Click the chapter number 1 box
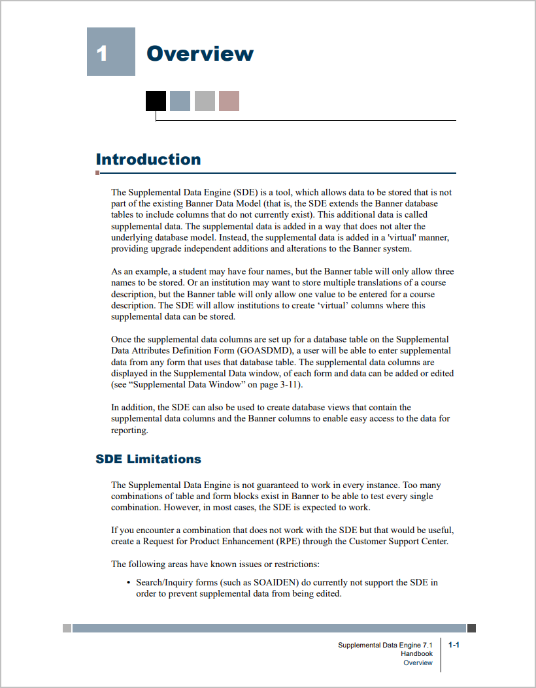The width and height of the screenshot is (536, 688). coord(111,52)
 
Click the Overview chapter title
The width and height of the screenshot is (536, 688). coord(200,53)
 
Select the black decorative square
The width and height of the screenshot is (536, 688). coord(156,101)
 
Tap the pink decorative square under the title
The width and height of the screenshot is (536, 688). coord(229,101)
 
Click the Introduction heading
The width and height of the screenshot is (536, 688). coord(148,159)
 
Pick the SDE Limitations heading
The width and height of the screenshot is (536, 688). coord(148,459)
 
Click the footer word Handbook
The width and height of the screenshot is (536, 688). coord(416,653)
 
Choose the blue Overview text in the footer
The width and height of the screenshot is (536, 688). coord(418,663)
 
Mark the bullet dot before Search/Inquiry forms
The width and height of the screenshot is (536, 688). coord(127,582)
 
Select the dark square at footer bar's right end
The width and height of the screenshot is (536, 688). coord(471,628)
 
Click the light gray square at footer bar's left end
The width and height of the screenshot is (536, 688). coord(67,628)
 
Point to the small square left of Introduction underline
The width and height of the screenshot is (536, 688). coord(97,173)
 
